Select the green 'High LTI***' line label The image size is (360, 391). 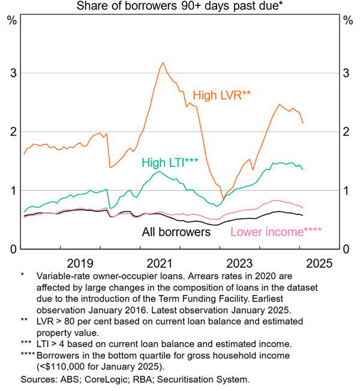point(170,162)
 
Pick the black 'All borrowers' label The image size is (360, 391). point(176,231)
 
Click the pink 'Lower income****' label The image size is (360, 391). point(276,232)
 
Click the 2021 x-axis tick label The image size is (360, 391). point(160,262)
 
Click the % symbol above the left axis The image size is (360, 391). point(11,20)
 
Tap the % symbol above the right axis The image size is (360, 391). point(347,20)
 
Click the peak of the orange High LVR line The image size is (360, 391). point(163,62)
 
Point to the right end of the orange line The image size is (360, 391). point(303,123)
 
